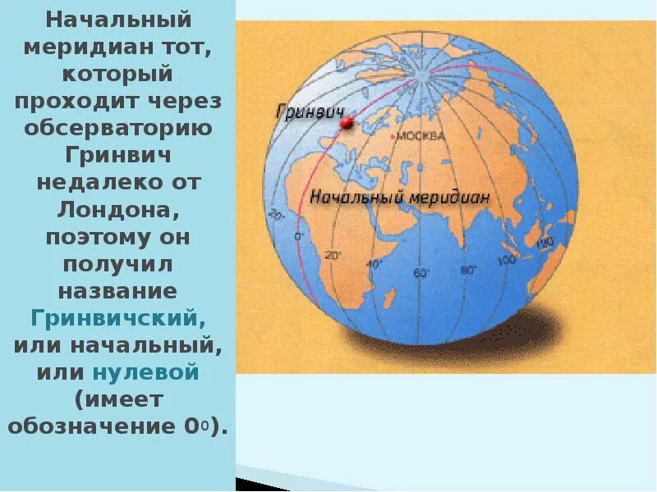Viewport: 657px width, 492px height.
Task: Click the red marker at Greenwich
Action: pos(346,122)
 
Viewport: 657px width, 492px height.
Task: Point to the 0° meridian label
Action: pos(298,236)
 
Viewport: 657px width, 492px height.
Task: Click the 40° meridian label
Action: pos(374,264)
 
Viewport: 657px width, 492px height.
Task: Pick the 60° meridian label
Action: pos(421,273)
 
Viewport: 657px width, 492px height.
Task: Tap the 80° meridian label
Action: pos(469,270)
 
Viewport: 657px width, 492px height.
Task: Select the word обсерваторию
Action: pos(118,128)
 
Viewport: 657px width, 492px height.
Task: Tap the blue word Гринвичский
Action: pos(118,317)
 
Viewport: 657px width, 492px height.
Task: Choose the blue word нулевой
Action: pos(146,371)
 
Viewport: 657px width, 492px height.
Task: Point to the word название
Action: pos(118,290)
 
